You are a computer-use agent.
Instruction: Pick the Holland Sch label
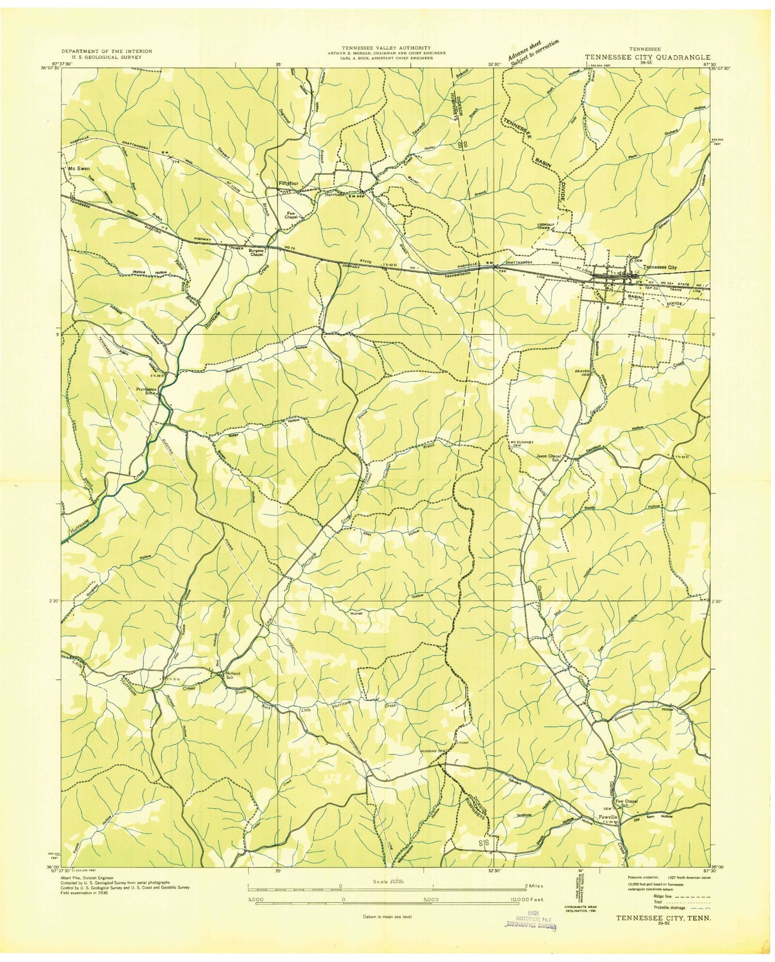(x=230, y=676)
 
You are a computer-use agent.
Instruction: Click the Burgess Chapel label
(x=257, y=253)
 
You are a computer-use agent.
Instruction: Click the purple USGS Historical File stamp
(x=531, y=923)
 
